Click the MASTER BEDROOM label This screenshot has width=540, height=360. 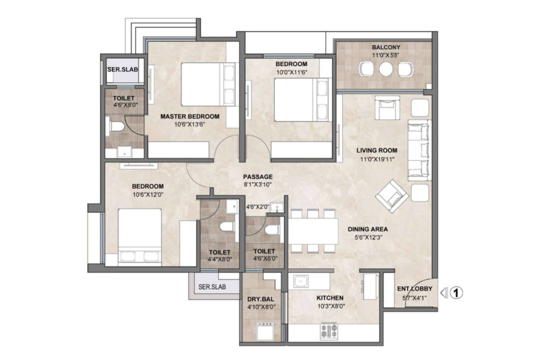(190, 117)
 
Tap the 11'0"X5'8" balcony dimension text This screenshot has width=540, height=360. (386, 55)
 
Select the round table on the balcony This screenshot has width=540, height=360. (386, 69)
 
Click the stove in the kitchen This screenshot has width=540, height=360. (329, 330)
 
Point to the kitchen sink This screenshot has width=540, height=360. (301, 281)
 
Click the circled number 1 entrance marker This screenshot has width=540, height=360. (456, 293)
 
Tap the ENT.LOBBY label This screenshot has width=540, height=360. (415, 289)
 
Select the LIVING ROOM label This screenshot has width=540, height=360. (377, 150)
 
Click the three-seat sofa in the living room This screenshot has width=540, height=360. (420, 150)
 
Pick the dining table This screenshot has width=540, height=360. (313, 231)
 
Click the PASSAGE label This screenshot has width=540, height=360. (258, 177)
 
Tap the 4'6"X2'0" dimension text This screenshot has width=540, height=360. (258, 207)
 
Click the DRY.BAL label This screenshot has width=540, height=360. (261, 299)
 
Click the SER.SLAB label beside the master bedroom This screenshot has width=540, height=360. (123, 70)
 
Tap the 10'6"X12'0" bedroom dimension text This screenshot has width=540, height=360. (148, 194)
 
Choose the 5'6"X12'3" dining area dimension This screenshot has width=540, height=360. (368, 238)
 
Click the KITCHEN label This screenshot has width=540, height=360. (330, 298)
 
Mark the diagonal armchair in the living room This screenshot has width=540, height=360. (392, 196)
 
